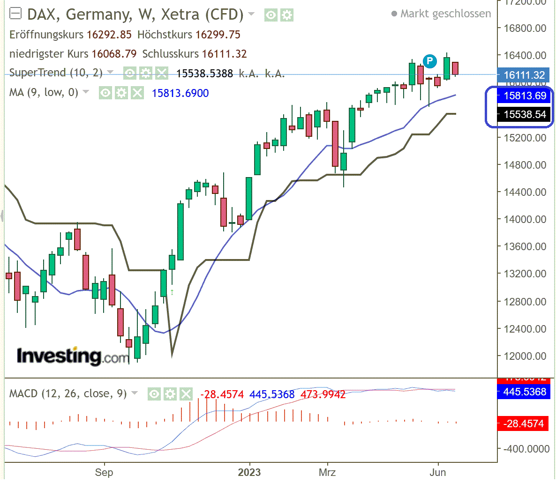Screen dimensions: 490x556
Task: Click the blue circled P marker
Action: pos(429,61)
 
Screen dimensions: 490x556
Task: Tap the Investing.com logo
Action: pos(72,356)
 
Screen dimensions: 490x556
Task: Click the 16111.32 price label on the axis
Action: pos(524,75)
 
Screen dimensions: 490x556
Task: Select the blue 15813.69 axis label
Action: pos(524,96)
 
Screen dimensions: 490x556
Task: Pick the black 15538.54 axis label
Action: pos(524,114)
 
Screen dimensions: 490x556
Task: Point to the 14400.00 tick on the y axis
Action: pos(525,192)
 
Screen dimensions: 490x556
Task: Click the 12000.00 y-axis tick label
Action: pos(525,356)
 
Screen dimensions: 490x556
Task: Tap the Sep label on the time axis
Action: pos(104,472)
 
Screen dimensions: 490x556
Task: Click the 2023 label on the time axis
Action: pos(249,472)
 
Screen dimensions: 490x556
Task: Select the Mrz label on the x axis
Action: pos(327,472)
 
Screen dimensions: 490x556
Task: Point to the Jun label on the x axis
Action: pos(437,472)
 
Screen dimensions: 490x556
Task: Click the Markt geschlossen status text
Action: pos(445,14)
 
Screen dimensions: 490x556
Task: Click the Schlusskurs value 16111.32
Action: pos(224,54)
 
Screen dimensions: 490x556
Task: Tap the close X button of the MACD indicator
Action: pos(186,394)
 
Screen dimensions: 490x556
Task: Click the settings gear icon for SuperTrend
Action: pos(146,73)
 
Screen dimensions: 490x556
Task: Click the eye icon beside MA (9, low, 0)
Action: pos(105,93)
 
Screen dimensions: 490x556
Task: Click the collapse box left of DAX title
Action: pos(15,14)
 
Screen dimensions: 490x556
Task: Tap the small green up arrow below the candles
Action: pos(172,292)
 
